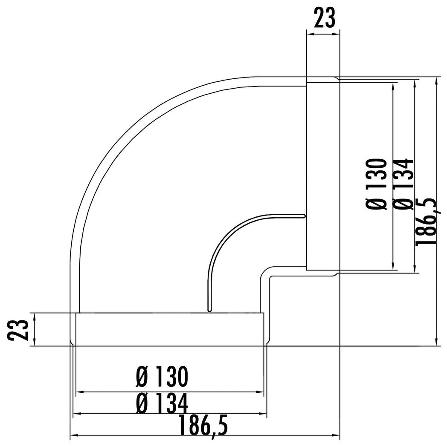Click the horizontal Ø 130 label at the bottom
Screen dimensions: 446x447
click(x=162, y=377)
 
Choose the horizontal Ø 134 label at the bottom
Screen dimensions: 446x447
click(x=162, y=403)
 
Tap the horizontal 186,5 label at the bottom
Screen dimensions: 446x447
click(x=203, y=426)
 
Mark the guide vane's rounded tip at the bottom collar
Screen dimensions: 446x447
click(x=209, y=309)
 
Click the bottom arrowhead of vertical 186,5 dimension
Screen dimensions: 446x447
click(x=436, y=343)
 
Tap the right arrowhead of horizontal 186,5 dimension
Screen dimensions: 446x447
click(x=337, y=435)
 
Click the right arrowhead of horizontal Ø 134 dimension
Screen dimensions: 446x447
click(x=264, y=413)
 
